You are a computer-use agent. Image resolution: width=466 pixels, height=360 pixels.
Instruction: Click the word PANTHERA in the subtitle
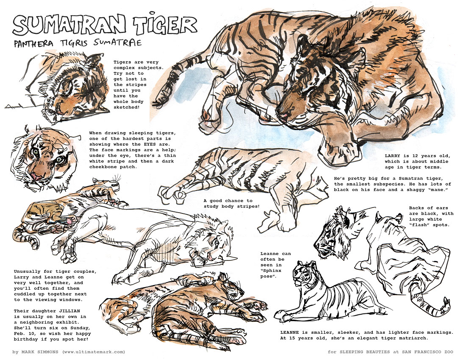[x=33, y=44]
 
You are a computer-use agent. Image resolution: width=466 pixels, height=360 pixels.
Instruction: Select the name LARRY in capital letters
[x=393, y=155]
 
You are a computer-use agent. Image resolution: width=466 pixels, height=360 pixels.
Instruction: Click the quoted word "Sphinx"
[x=271, y=271]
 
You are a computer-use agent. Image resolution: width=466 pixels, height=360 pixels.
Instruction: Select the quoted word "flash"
[x=419, y=225]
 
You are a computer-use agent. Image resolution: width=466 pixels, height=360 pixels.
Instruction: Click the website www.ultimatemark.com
[x=94, y=352]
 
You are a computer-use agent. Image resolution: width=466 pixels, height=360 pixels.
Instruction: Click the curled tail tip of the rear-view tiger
[x=446, y=305]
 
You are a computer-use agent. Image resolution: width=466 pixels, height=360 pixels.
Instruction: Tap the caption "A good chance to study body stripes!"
[x=231, y=203]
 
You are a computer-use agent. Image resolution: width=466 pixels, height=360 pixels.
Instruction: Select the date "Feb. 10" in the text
[x=24, y=334]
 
